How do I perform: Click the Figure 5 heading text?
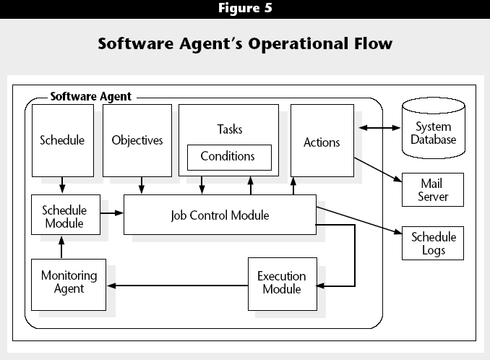pos(245,8)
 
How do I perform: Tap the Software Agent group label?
pos(91,96)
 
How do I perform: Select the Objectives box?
pos(137,140)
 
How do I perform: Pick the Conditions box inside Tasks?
pos(229,158)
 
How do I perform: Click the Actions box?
pos(322,141)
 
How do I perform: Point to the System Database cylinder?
pos(434,128)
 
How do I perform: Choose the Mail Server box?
pos(433,189)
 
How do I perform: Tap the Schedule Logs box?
pos(433,243)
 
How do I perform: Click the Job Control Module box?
pos(220,215)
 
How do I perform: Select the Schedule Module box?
pos(66,215)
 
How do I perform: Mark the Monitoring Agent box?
pos(69,285)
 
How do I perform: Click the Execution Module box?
pos(283,284)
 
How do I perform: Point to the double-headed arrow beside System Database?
pos(379,127)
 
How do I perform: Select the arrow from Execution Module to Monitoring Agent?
pos(178,286)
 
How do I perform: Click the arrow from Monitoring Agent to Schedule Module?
pos(61,247)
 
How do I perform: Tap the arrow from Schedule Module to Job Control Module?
pos(112,213)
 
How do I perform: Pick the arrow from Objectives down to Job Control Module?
pos(142,185)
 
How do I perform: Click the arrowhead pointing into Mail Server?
pos(397,179)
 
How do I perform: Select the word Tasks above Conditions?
pos(230,129)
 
